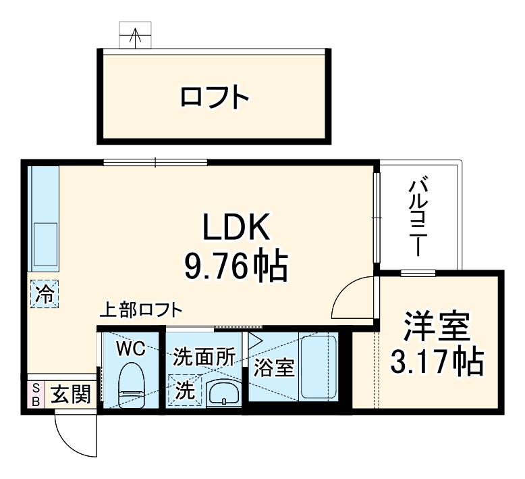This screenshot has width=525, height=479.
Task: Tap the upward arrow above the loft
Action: pos(136,36)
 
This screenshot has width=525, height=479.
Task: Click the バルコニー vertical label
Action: pos(419,216)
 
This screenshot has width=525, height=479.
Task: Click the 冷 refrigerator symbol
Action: pos(44,294)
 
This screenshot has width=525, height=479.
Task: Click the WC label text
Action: pos(130,349)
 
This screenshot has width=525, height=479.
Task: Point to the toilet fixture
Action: pos(130,384)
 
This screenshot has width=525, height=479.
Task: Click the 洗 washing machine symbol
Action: pos(185,390)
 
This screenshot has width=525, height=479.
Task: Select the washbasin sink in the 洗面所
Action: pos(222,392)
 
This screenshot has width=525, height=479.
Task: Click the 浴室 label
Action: pos(273,369)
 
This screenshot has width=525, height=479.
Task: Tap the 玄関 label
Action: pos(70,393)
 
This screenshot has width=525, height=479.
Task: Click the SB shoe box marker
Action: pos(35,393)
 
